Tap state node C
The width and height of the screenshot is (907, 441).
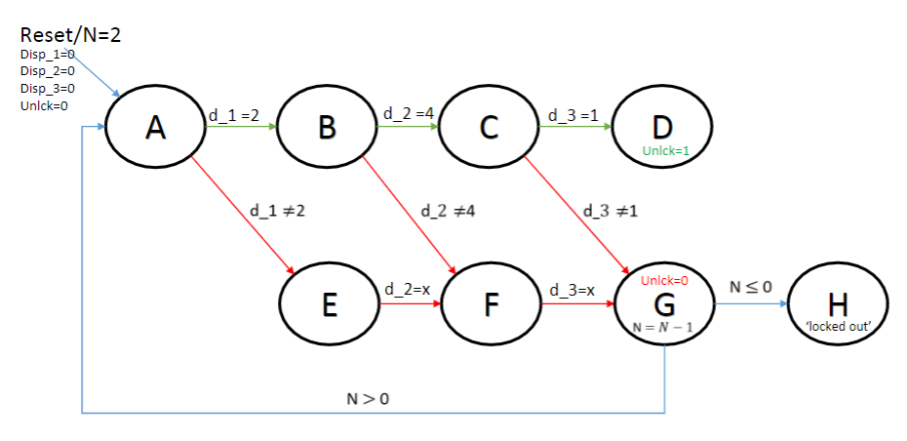tap(489, 128)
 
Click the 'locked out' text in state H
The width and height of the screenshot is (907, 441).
tap(839, 325)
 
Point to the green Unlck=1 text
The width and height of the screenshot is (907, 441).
tap(667, 151)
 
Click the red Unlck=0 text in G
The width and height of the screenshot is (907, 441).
tap(664, 280)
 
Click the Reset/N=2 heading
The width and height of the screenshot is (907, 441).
tap(70, 35)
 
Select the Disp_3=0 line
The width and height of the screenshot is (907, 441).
tap(48, 88)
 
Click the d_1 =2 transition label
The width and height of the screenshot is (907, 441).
tap(234, 115)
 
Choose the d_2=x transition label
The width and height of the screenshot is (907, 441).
tap(409, 290)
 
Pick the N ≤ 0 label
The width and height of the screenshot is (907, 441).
tap(751, 287)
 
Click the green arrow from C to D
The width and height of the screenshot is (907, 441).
tap(576, 128)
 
